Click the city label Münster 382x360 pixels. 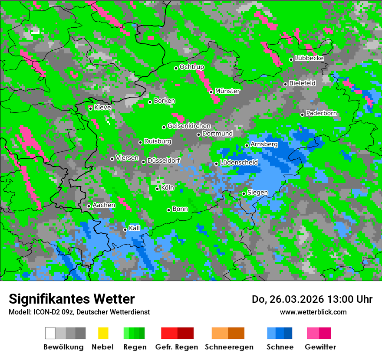(x=227, y=91)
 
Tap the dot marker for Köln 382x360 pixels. (x=157, y=189)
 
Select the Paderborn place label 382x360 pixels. (x=321, y=113)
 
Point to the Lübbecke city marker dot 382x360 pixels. (x=291, y=59)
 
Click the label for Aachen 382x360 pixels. (x=104, y=205)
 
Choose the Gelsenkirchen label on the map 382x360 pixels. (x=189, y=126)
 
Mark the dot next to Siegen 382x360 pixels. (x=244, y=193)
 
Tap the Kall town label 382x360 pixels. (x=135, y=228)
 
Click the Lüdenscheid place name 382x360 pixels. (x=239, y=163)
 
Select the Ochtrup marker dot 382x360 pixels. (x=176, y=68)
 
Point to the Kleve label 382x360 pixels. (x=102, y=108)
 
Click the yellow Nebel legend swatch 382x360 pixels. (x=103, y=333)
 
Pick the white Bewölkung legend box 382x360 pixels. (x=50, y=333)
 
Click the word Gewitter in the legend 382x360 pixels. (x=320, y=347)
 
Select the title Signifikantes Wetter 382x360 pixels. (x=72, y=299)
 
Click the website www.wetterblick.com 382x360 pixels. (x=313, y=312)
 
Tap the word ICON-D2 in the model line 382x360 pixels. (x=43, y=312)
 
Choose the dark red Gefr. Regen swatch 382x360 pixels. (x=185, y=333)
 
